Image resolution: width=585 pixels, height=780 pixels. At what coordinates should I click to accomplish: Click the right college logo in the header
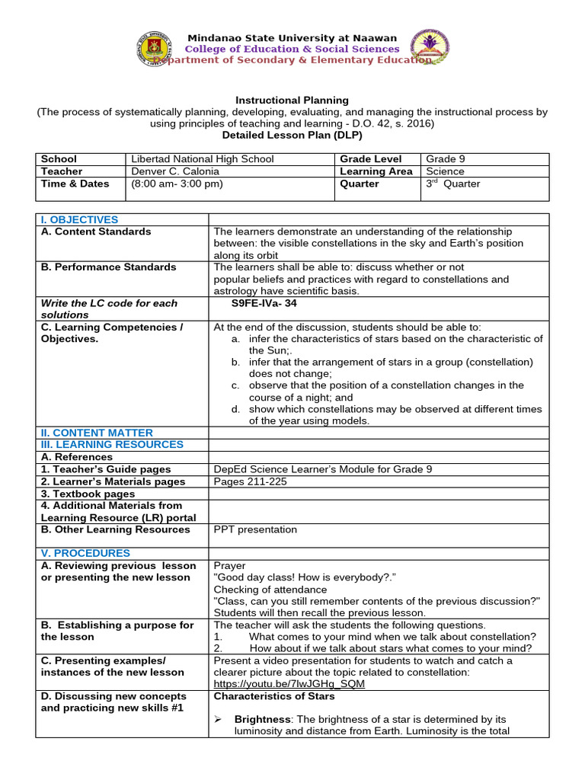[x=430, y=50]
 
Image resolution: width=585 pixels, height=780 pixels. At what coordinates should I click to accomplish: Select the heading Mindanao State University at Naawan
[x=292, y=38]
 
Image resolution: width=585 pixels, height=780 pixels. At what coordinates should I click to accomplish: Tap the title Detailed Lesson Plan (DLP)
[x=292, y=135]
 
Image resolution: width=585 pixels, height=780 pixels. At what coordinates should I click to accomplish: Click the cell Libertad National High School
[x=203, y=159]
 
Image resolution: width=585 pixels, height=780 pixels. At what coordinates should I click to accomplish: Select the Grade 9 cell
[x=446, y=159]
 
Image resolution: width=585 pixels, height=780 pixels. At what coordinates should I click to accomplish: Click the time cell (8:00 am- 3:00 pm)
[x=177, y=184]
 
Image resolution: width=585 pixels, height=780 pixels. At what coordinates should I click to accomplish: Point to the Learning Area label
[x=377, y=171]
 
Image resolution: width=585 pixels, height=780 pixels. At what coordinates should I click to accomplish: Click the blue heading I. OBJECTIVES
[x=79, y=219]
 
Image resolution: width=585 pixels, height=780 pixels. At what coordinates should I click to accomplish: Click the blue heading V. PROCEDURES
[x=85, y=553]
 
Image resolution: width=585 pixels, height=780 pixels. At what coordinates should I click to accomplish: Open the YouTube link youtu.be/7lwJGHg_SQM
[x=289, y=684]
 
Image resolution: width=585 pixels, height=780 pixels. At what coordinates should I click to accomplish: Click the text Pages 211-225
[x=249, y=481]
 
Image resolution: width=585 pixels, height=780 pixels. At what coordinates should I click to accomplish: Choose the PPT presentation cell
[x=255, y=529]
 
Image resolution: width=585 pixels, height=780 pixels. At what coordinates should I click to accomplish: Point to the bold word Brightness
[x=261, y=719]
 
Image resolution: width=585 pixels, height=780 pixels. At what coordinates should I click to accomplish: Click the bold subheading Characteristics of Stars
[x=274, y=696]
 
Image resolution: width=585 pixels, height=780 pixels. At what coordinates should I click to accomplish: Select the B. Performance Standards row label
[x=108, y=267]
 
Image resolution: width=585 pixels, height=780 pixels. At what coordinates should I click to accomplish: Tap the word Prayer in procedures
[x=229, y=566]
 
